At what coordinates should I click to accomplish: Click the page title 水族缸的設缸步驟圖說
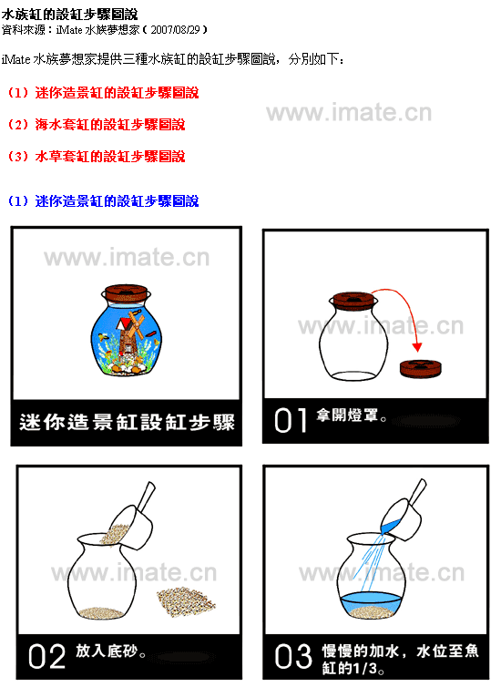69,15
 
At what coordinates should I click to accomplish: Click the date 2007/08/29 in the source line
175,30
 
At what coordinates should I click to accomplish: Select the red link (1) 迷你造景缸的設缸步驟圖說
103,93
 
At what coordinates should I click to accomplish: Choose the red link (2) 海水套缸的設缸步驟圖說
97,125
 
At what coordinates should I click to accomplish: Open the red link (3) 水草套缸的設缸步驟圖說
97,157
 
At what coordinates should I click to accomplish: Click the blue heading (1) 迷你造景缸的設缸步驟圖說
103,201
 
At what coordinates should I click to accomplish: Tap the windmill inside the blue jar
128,333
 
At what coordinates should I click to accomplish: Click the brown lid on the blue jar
126,292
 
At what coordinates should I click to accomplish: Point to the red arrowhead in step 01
417,347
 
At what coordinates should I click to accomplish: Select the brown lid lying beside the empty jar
421,368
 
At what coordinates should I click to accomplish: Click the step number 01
290,421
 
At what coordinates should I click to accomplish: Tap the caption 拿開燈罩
352,415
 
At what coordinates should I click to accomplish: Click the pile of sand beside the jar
186,601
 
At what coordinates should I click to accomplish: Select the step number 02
46,656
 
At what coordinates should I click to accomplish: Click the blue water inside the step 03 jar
371,602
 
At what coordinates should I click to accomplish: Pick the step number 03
293,657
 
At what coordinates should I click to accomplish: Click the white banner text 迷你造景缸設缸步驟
127,423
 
